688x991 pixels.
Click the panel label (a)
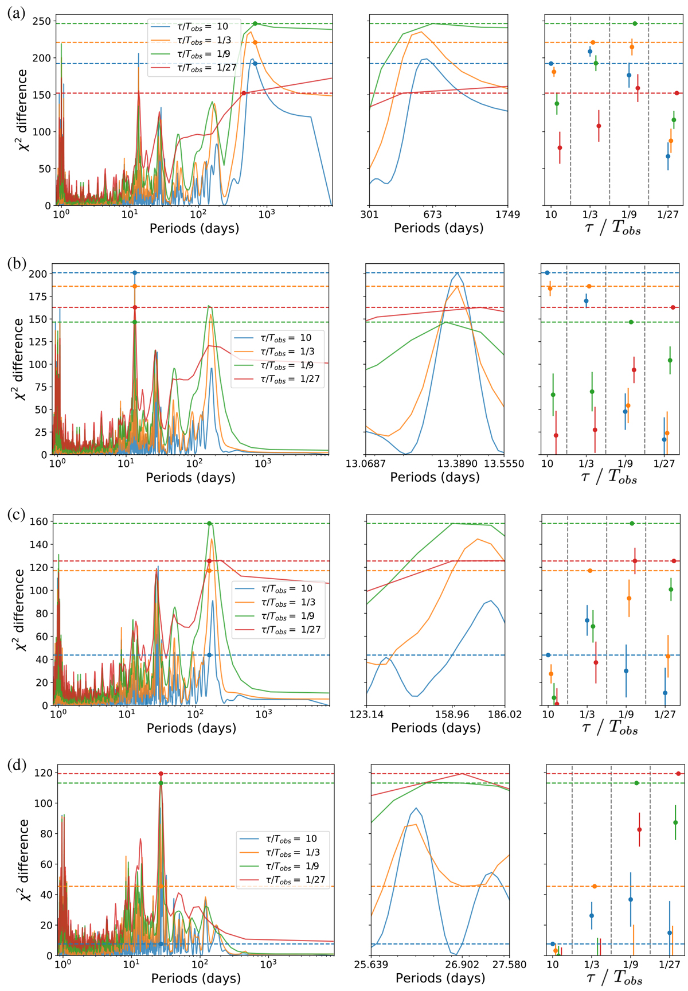(x=17, y=13)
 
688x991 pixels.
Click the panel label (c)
(x=17, y=514)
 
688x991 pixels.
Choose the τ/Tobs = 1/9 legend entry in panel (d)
(x=283, y=866)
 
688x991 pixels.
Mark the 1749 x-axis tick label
(x=508, y=214)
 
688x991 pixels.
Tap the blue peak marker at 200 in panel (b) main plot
(x=135, y=273)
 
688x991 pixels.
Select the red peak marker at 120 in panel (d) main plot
(x=161, y=774)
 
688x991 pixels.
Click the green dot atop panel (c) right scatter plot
(x=632, y=524)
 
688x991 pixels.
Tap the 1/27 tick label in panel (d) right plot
(x=670, y=965)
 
